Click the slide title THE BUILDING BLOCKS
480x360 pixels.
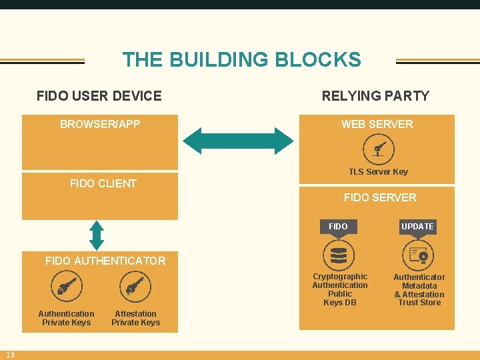point(241,59)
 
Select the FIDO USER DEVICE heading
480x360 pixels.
point(99,96)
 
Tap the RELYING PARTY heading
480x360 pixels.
point(375,96)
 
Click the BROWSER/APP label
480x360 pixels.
point(100,124)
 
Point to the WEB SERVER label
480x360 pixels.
point(377,124)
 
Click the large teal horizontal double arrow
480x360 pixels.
point(238,141)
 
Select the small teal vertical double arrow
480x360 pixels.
point(97,235)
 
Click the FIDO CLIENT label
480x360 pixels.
point(103,183)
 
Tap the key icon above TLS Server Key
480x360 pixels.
point(378,149)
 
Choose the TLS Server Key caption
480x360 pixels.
point(378,172)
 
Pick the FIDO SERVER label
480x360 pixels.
point(379,197)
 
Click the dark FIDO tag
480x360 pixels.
point(338,227)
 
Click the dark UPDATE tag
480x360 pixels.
point(417,227)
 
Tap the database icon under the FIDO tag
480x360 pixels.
point(339,255)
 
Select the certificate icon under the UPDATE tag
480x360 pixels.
point(419,255)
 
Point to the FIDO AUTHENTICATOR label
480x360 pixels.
point(105,261)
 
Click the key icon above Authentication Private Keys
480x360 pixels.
point(67,287)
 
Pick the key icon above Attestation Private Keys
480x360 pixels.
point(135,287)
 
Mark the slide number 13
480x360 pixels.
point(11,354)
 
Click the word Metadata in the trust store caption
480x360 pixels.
point(419,286)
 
